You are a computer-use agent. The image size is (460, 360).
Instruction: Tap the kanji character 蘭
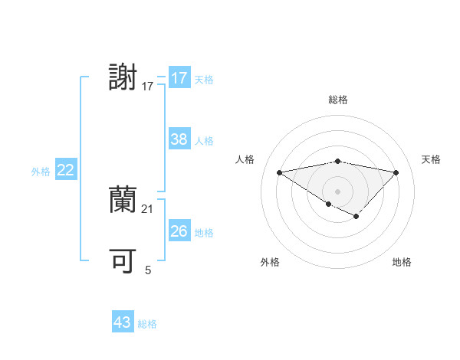point(123,200)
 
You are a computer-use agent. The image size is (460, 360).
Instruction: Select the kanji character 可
point(123,261)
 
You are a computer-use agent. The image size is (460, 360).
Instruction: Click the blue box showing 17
point(179,78)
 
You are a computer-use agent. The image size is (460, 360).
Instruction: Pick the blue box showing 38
point(179,139)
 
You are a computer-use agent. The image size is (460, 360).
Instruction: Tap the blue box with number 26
point(179,231)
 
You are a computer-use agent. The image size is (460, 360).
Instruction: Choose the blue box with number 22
point(65,171)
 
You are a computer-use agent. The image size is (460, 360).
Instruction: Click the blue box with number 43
point(123,322)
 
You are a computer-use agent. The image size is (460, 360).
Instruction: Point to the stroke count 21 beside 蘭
point(148,208)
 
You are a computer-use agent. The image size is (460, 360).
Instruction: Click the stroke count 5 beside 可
point(148,270)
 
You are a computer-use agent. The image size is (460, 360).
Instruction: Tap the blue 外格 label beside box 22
point(41,172)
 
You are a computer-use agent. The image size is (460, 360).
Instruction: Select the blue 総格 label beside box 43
point(147,324)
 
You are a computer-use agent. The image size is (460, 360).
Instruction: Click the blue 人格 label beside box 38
point(204,141)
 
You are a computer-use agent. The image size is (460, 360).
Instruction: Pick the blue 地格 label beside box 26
point(204,233)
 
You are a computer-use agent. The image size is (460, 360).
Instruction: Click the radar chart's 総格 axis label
point(337,100)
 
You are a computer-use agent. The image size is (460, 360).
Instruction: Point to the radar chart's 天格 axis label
point(432,159)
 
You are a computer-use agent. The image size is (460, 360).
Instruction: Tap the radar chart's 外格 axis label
point(270,263)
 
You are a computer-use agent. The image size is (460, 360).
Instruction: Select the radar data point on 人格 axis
point(279,172)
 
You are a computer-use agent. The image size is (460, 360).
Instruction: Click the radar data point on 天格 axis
point(396,172)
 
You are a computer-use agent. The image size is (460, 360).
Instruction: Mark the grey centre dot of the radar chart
point(337,191)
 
